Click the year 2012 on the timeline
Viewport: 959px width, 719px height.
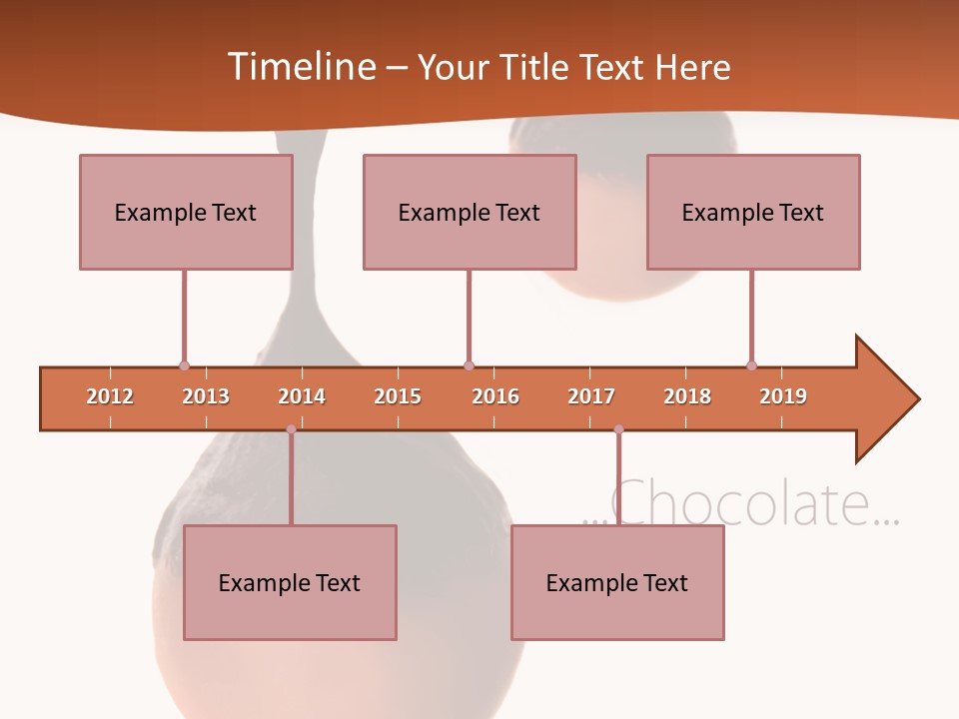(x=110, y=396)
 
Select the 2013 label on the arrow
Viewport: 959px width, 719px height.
(x=206, y=396)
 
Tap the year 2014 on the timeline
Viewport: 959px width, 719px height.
(x=302, y=396)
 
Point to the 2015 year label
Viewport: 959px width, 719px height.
(x=398, y=396)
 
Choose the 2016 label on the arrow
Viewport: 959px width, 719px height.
(x=495, y=396)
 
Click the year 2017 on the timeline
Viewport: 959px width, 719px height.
(x=591, y=396)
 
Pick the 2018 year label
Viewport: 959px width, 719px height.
(x=687, y=396)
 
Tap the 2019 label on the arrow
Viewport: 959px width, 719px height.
(x=783, y=396)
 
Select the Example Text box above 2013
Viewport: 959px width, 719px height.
(x=186, y=212)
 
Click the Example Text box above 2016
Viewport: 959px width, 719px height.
(x=470, y=212)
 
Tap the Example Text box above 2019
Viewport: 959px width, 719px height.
(x=753, y=212)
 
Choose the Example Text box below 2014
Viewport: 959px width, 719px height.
(x=290, y=582)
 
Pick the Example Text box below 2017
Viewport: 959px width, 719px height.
(x=617, y=582)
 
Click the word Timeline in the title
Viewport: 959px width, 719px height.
(x=301, y=67)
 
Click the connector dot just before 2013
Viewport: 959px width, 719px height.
(x=184, y=365)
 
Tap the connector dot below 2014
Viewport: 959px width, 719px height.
(x=291, y=429)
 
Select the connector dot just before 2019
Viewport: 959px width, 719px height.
(x=751, y=365)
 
